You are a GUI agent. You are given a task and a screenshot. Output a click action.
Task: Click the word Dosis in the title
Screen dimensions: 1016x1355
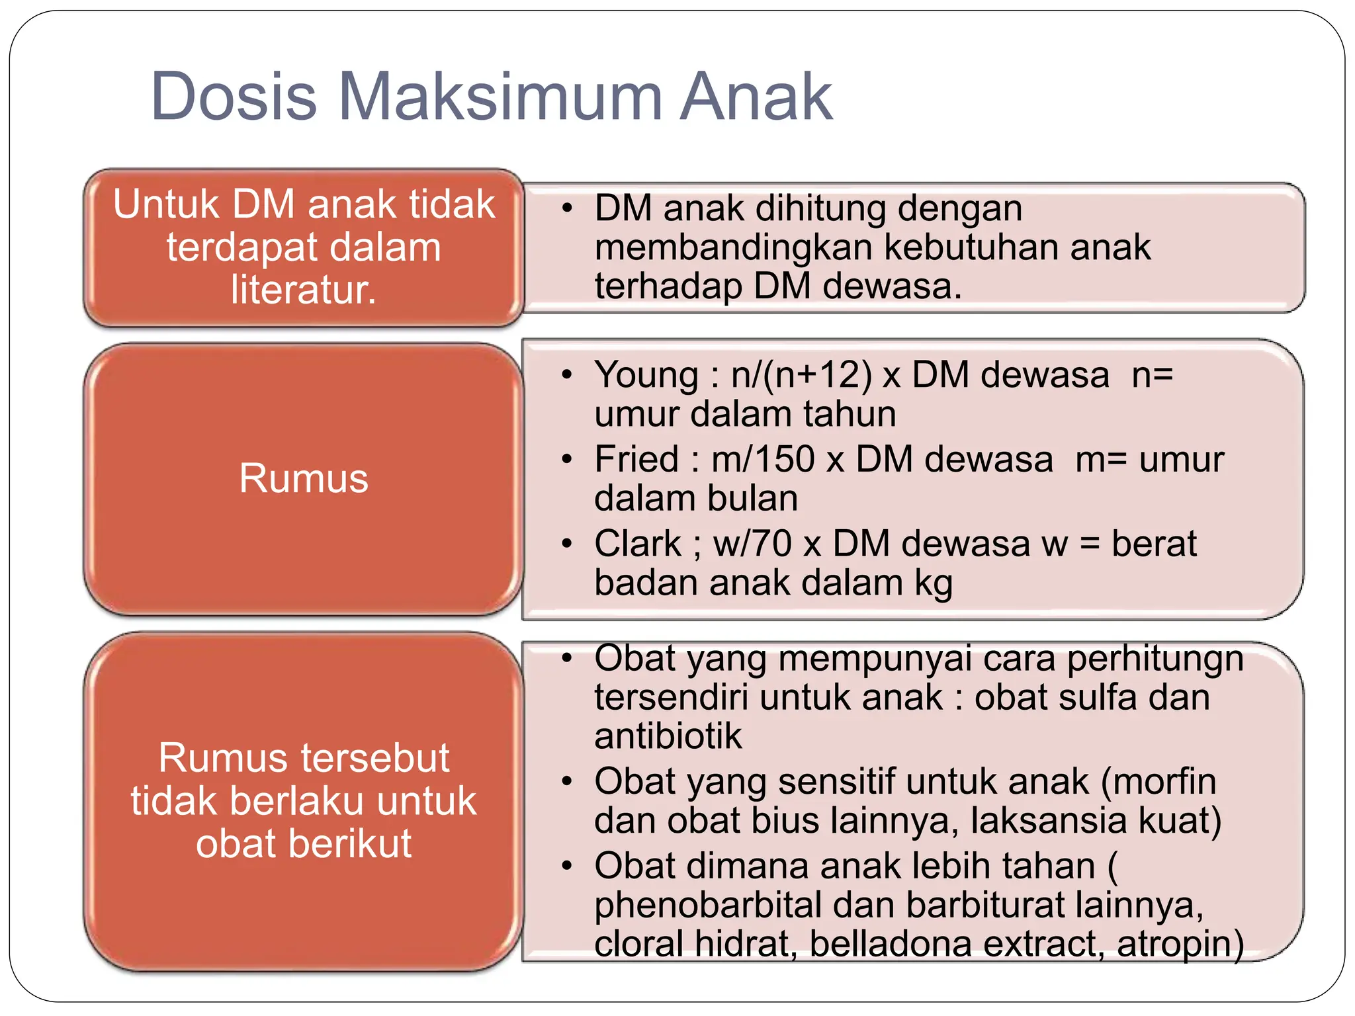coord(234,97)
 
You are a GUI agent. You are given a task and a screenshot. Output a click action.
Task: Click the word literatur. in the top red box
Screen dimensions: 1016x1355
coord(304,290)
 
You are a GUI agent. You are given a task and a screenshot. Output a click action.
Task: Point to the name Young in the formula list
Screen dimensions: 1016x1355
coord(646,375)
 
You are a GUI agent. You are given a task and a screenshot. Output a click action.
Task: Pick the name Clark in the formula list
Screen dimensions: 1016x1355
coord(637,544)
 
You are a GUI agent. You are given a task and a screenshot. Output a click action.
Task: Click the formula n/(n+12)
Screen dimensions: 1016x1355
coord(801,375)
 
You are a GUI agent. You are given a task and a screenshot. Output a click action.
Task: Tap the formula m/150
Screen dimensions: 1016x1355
coord(763,459)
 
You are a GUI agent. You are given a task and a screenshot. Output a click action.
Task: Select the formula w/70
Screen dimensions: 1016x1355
coord(752,544)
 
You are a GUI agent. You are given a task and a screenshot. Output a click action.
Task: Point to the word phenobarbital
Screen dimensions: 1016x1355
coord(707,905)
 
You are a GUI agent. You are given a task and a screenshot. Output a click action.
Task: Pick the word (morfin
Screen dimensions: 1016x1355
coord(1158,782)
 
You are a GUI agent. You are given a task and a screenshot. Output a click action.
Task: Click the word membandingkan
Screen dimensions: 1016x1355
coord(734,247)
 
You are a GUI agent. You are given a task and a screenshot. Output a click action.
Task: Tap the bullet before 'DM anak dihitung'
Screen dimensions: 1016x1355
coord(566,208)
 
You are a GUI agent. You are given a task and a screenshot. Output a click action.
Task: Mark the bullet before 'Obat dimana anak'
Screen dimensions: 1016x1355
coord(566,866)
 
